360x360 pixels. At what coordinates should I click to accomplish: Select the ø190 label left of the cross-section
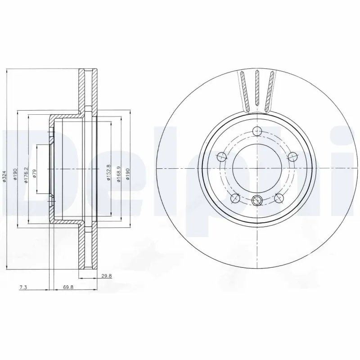(x=15, y=173)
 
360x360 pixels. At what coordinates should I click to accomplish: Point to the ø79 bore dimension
(x=35, y=173)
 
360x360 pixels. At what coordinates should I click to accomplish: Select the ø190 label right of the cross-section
(x=128, y=173)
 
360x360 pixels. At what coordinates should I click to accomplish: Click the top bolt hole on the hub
(x=257, y=131)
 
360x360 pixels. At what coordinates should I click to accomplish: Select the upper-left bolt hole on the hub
(x=221, y=157)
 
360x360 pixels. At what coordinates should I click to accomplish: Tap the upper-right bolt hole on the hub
(x=292, y=157)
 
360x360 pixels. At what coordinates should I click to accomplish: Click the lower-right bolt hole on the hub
(x=279, y=198)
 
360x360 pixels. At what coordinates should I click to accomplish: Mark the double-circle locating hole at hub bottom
(x=257, y=201)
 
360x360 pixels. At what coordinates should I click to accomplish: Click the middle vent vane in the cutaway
(x=257, y=88)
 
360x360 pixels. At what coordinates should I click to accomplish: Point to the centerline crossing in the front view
(x=257, y=168)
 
